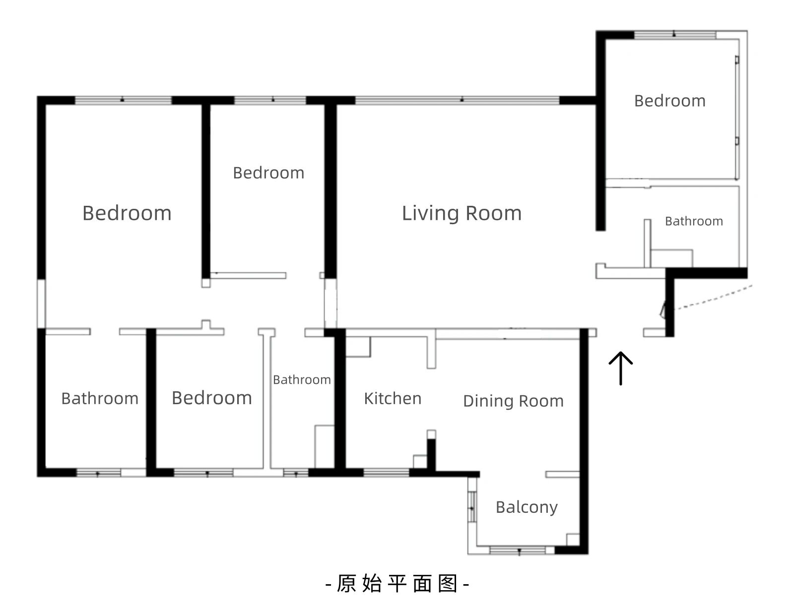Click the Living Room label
coord(462,214)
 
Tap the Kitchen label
coord(393,398)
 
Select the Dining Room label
coord(514,401)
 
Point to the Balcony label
coord(527,507)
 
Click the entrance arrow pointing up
coord(620,368)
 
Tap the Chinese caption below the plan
coord(397,583)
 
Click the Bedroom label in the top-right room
coord(670,101)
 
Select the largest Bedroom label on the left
coord(127,213)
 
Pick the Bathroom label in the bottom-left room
coord(100,399)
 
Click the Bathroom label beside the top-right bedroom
coord(694,221)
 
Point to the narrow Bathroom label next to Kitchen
coord(302,380)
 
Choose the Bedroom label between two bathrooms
coord(212,398)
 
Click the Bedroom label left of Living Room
coord(268,173)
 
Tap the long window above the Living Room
coord(457,100)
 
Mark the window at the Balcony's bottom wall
coord(518,550)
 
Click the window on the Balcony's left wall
coord(472,507)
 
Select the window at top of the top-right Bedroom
coord(675,35)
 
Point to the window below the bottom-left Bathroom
coord(98,473)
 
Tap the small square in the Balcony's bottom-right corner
coord(573,540)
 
